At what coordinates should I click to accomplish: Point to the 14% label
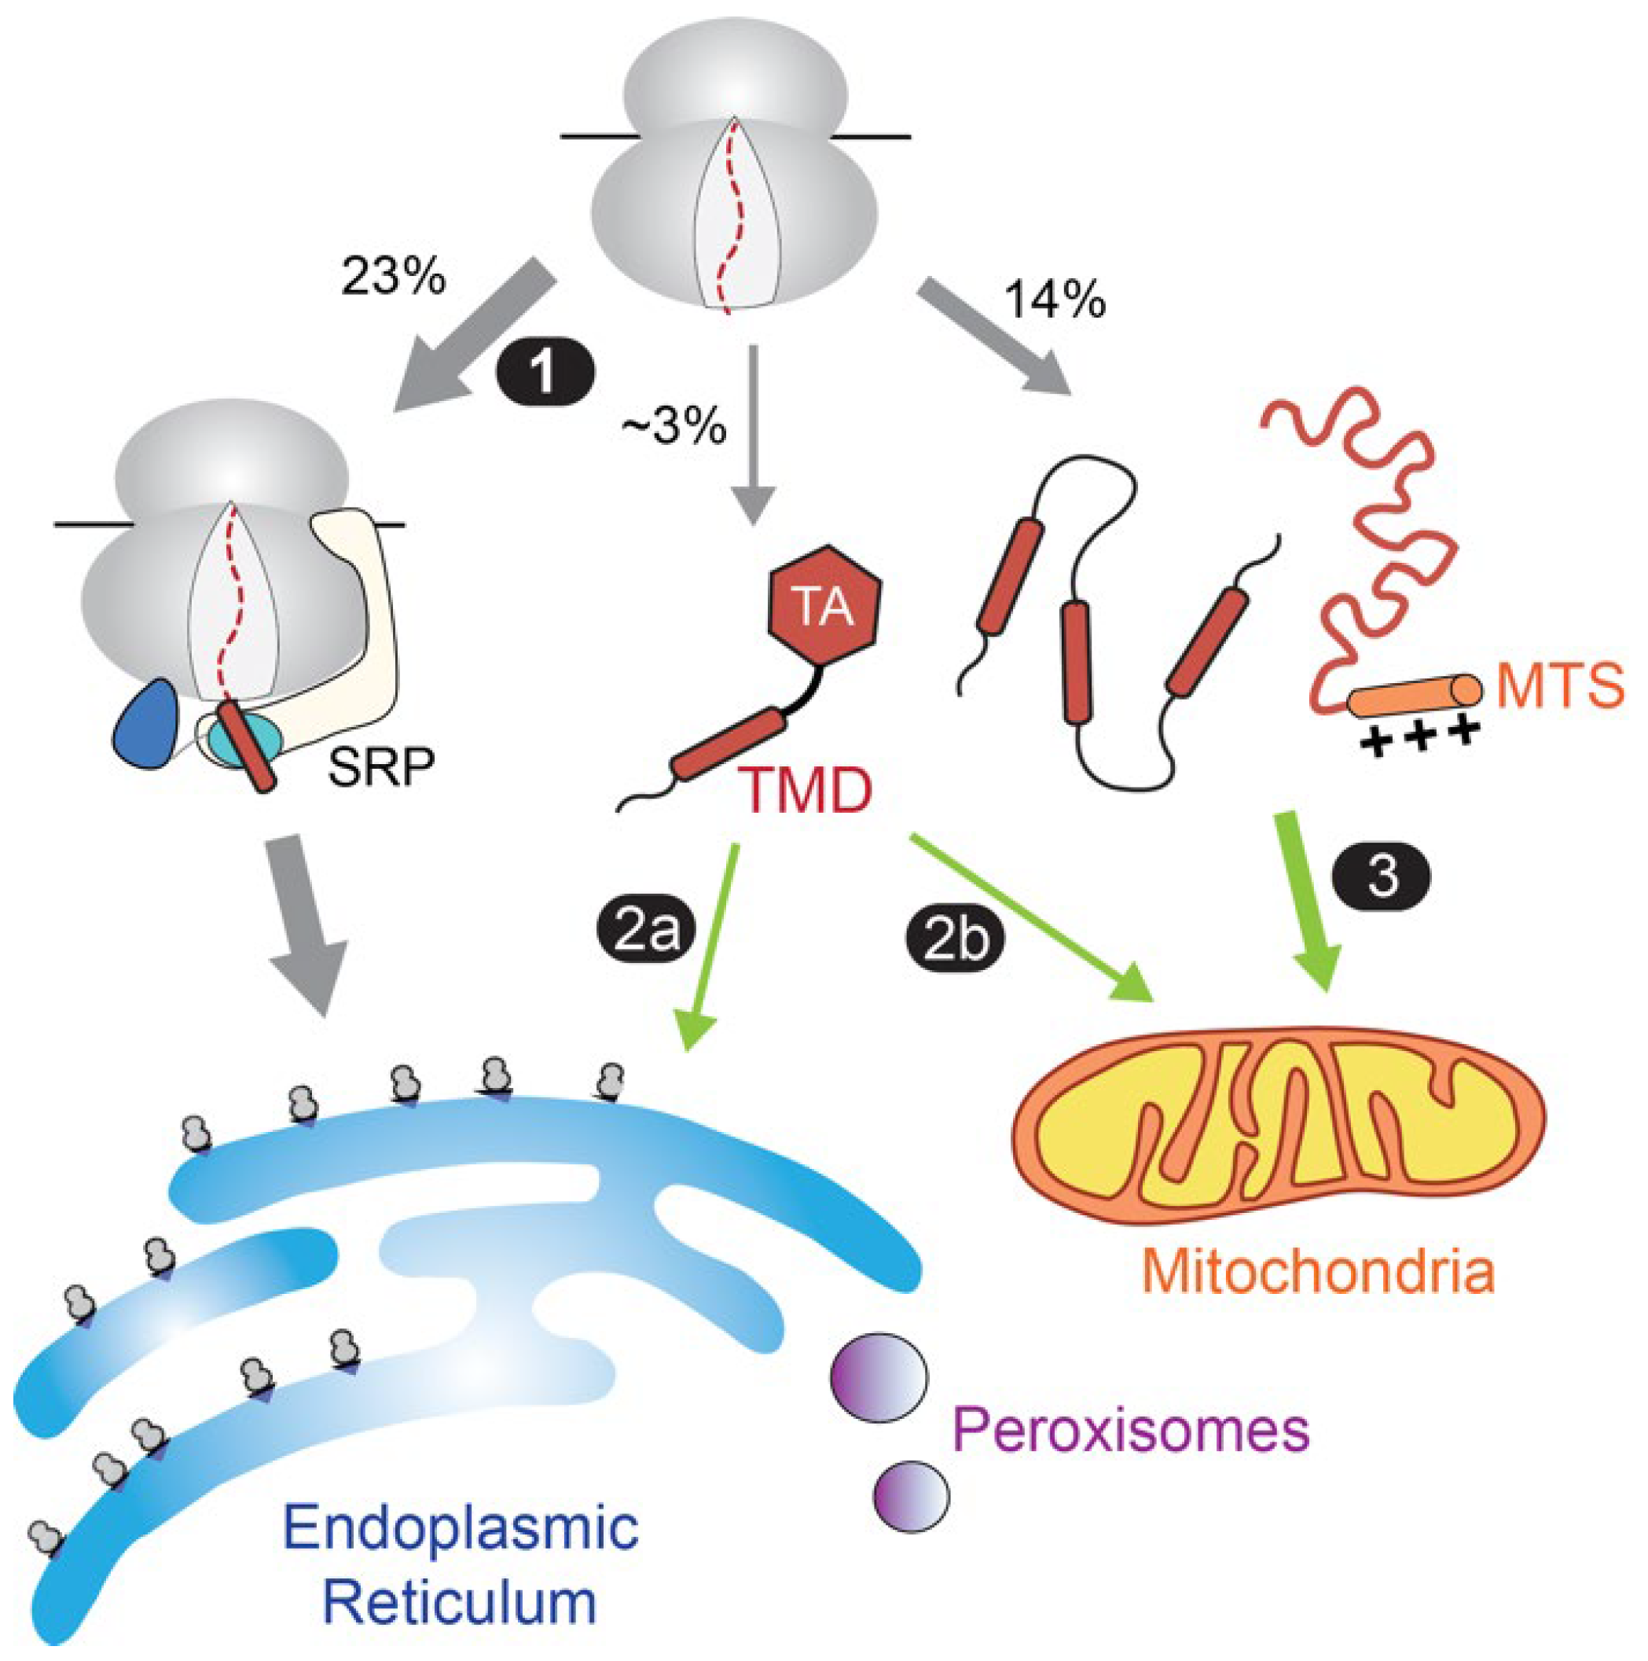[x=1055, y=300]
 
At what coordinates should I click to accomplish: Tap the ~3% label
[x=676, y=425]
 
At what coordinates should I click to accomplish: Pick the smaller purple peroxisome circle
[x=912, y=1497]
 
